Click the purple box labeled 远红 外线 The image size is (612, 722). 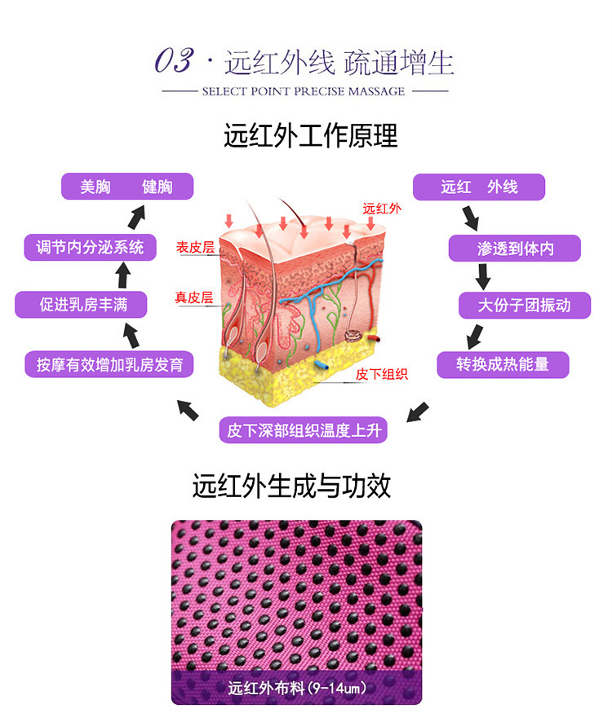pos(478,187)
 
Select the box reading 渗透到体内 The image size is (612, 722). pos(515,248)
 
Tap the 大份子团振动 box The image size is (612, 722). pos(524,306)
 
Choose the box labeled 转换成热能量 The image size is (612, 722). pos(502,364)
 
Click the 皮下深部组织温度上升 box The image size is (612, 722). pos(303,429)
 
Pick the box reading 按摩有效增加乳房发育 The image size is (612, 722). pos(109,363)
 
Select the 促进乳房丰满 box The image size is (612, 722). pos(82,305)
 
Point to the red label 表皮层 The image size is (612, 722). pos(195,247)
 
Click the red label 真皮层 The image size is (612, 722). pos(193,297)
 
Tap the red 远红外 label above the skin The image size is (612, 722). pos(382,209)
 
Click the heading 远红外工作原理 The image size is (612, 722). pos(311,135)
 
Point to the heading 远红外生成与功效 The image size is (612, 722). pos(291,486)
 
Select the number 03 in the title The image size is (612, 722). pos(175,61)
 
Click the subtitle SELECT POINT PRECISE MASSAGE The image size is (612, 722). pos(304,91)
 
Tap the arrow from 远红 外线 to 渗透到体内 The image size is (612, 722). pos(471,218)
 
